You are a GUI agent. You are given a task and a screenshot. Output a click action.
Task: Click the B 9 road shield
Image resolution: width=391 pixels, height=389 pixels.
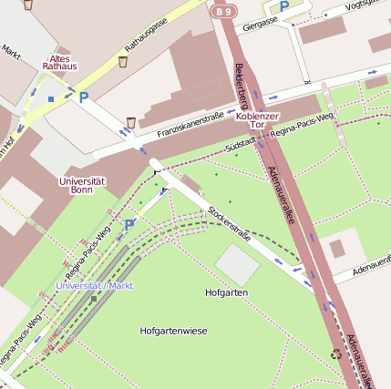coord(224,10)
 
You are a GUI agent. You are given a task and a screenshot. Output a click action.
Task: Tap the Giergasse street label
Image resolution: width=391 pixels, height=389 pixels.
coord(260,22)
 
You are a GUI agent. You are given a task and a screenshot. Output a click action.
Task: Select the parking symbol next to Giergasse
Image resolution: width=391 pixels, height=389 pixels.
coord(283,6)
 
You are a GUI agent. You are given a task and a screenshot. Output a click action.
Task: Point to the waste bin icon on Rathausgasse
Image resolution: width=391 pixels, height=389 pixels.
coord(122,62)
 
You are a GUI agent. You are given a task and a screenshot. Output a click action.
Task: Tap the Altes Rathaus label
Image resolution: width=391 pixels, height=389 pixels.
coord(61,62)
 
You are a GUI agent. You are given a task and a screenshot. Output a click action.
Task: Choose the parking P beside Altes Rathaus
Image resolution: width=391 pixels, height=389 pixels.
coord(84,96)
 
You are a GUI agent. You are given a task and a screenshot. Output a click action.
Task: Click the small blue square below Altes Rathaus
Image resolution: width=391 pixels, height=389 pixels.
coord(51,97)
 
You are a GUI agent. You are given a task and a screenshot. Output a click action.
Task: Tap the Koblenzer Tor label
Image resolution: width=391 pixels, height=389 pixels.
coord(257,121)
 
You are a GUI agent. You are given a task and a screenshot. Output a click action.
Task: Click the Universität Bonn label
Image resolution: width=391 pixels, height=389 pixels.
coord(81,185)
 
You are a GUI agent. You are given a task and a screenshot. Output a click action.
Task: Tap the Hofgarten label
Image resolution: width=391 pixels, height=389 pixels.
coord(227,292)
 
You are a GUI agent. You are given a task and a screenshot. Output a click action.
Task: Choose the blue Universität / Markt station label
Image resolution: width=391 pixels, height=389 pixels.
coord(95,285)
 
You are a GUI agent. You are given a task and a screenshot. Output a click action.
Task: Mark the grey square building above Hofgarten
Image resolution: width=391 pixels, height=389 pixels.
coord(238,263)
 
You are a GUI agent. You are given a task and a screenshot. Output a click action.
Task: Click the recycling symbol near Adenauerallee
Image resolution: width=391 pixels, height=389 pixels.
coord(334,352)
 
